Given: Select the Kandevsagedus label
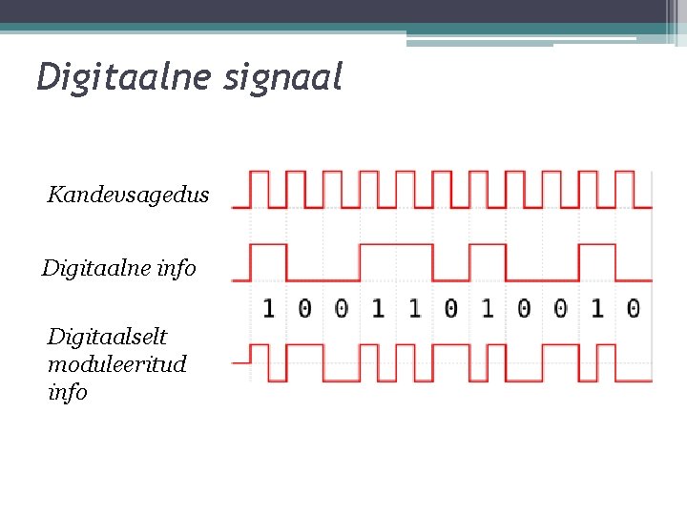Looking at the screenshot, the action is point(128,196).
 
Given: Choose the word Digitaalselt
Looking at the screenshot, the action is point(107,337).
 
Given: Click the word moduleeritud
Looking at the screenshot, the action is point(116,364).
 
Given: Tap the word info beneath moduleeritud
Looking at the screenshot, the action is point(67,392).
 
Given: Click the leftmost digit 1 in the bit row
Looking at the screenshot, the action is point(268,308).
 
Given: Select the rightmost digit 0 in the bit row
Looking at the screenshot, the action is point(633,308).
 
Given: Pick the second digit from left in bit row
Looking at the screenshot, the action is point(304,308).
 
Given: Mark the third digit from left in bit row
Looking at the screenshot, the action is point(341,308).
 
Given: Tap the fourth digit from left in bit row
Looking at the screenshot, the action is point(378,308).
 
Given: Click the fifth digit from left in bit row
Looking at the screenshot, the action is point(414,308).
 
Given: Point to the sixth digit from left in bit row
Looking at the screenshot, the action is point(450,308).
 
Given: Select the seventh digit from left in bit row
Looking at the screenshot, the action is point(487,308).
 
